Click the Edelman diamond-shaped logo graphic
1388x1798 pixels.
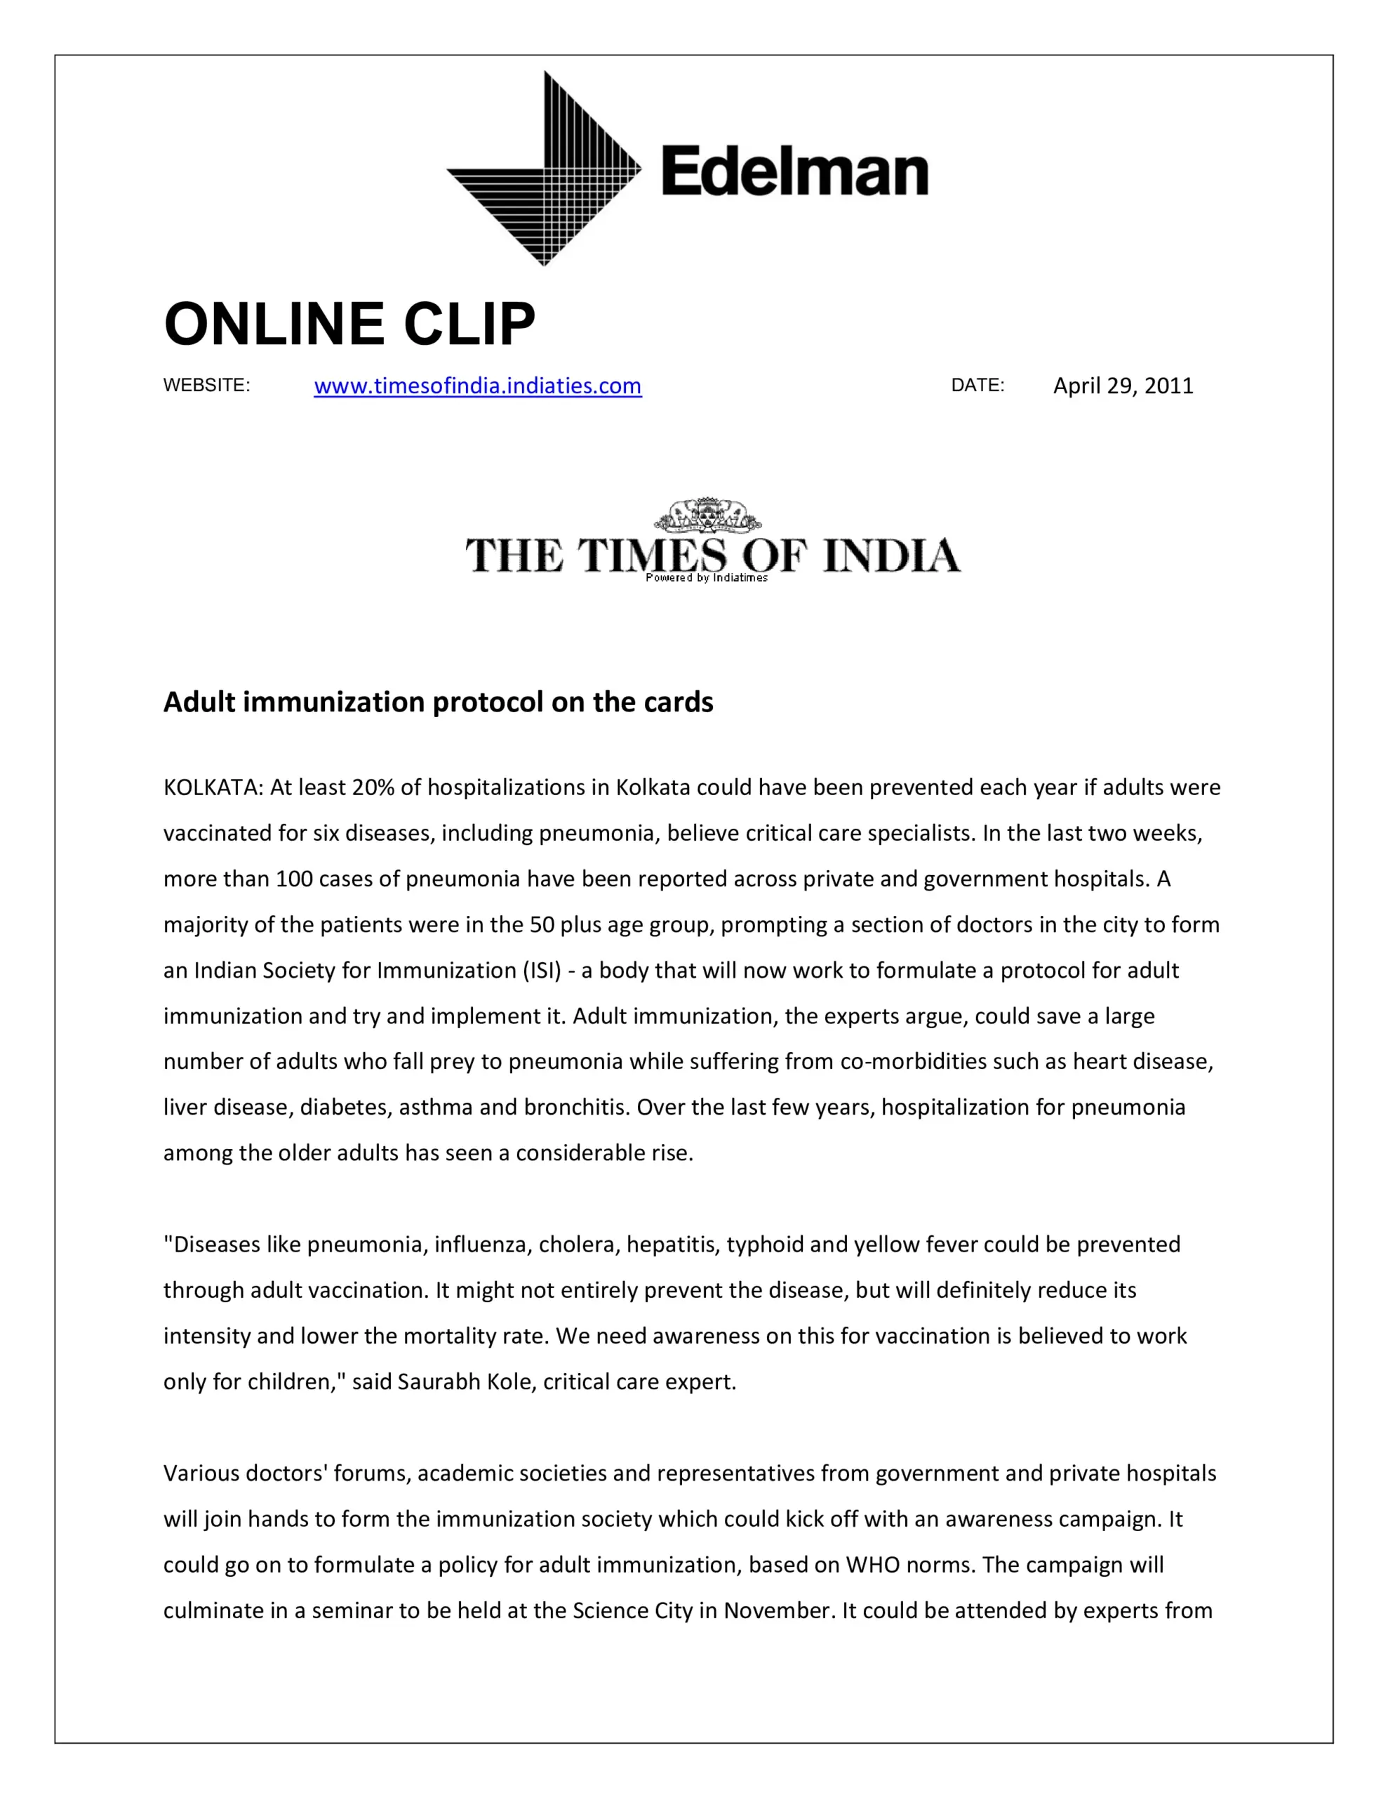pyautogui.click(x=544, y=169)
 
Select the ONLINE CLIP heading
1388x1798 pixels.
pyautogui.click(x=349, y=324)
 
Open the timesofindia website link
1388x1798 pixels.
pyautogui.click(x=477, y=386)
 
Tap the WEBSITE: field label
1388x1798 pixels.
pyautogui.click(x=206, y=386)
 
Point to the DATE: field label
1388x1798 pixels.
pyautogui.click(x=977, y=386)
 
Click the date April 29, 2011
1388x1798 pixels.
pyautogui.click(x=1123, y=386)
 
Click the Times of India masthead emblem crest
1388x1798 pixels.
pyautogui.click(x=707, y=517)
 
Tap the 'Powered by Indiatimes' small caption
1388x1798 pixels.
pyautogui.click(x=707, y=578)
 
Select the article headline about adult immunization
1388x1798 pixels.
pyautogui.click(x=439, y=702)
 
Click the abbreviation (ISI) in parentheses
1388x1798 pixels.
pyautogui.click(x=543, y=971)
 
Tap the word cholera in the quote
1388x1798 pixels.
pyautogui.click(x=578, y=1245)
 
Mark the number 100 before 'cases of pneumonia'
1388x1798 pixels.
pyautogui.click(x=294, y=879)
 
